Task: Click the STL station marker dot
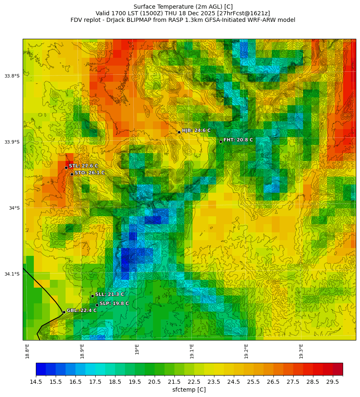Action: [66, 168]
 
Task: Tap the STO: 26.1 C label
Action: [89, 173]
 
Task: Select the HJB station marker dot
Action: [179, 132]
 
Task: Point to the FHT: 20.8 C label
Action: [238, 140]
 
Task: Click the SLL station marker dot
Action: [92, 296]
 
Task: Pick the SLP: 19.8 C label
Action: [114, 303]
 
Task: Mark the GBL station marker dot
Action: [64, 312]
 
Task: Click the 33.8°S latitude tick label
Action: [12, 76]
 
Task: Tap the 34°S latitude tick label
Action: [14, 208]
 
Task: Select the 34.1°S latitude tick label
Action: [12, 274]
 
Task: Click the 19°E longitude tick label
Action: [137, 349]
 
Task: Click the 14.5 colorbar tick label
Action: [36, 382]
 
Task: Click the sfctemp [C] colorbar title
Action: [189, 390]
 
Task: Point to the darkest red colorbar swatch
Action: [338, 369]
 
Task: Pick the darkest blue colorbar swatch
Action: [41, 369]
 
